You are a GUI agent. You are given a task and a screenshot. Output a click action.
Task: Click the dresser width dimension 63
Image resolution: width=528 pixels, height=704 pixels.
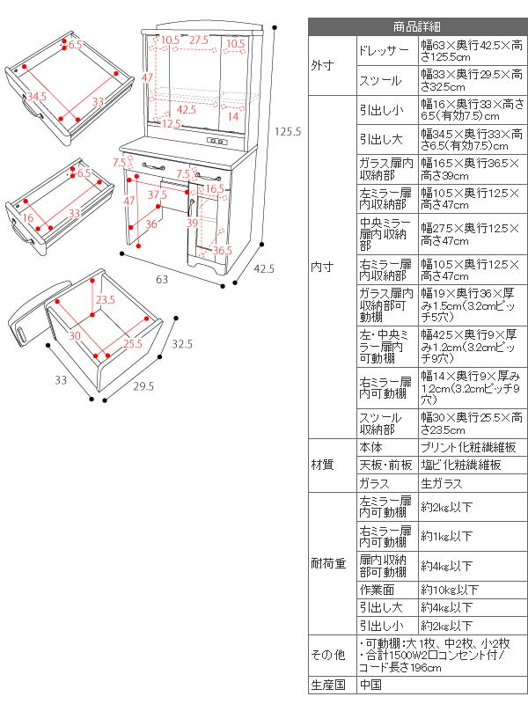click(x=162, y=280)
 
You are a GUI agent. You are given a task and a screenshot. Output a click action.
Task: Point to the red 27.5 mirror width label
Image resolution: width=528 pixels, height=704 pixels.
click(x=198, y=40)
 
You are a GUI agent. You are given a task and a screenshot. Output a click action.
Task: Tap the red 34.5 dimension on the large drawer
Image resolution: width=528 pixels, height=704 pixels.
click(x=36, y=95)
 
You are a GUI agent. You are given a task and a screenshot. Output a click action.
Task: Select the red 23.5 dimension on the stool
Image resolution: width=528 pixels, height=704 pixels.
click(x=106, y=299)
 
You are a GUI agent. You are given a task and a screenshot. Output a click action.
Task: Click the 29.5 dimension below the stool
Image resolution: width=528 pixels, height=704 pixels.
click(x=143, y=385)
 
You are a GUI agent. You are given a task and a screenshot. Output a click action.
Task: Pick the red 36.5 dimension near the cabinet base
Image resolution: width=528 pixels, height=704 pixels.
click(x=223, y=250)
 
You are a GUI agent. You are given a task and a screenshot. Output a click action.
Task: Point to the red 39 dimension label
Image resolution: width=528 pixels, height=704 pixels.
click(x=192, y=224)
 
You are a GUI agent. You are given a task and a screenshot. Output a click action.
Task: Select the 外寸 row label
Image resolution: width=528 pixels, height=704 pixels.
click(x=322, y=65)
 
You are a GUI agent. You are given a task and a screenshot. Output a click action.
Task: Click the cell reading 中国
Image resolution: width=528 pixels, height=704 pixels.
click(x=370, y=684)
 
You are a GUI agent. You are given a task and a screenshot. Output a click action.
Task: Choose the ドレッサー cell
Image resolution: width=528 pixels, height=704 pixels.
click(x=384, y=51)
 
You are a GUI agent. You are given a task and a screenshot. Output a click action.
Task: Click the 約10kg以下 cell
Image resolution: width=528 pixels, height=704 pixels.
click(x=450, y=590)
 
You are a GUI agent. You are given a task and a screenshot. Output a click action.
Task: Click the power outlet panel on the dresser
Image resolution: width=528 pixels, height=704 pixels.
click(x=216, y=143)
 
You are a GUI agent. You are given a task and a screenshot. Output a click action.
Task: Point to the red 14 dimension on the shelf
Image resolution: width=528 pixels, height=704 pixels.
click(x=232, y=116)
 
